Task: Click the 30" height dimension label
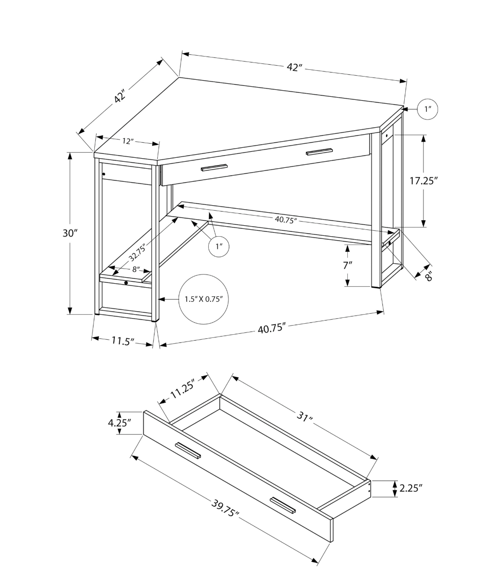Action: coord(70,233)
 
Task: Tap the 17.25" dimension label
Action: coord(423,181)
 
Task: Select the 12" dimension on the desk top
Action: coord(128,141)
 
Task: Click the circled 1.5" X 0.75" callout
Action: coord(203,299)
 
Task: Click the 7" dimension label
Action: coord(348,265)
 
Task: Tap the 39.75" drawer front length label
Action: coord(225,507)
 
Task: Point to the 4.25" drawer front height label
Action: coord(119,422)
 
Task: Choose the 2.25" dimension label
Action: coord(411,488)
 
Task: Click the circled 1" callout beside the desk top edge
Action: coord(428,109)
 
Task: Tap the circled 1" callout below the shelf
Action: coord(219,247)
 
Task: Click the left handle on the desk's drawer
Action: coord(214,167)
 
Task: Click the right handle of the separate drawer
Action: coord(283,505)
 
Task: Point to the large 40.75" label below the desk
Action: coord(272,328)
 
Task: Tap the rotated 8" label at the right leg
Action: coord(428,275)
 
